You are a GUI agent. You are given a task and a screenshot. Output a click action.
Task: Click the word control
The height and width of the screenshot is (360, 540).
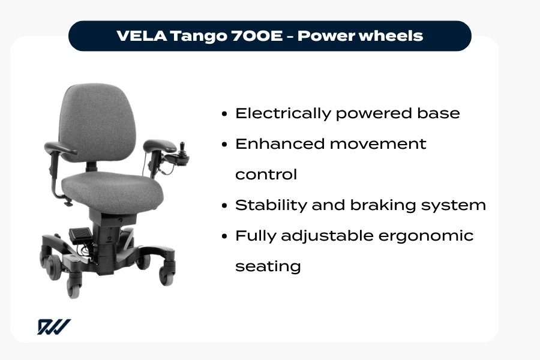(266, 175)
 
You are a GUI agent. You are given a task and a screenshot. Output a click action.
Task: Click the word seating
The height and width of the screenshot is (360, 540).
(268, 266)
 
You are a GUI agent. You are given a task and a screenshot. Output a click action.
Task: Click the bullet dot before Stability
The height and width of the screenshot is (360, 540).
(224, 206)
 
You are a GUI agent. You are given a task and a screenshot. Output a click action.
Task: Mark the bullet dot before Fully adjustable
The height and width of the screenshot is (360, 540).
(224, 236)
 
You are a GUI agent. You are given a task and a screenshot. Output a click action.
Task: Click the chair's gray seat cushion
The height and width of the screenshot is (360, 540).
(114, 189)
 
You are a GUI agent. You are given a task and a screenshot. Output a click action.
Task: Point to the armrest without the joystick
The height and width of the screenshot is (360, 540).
(60, 146)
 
